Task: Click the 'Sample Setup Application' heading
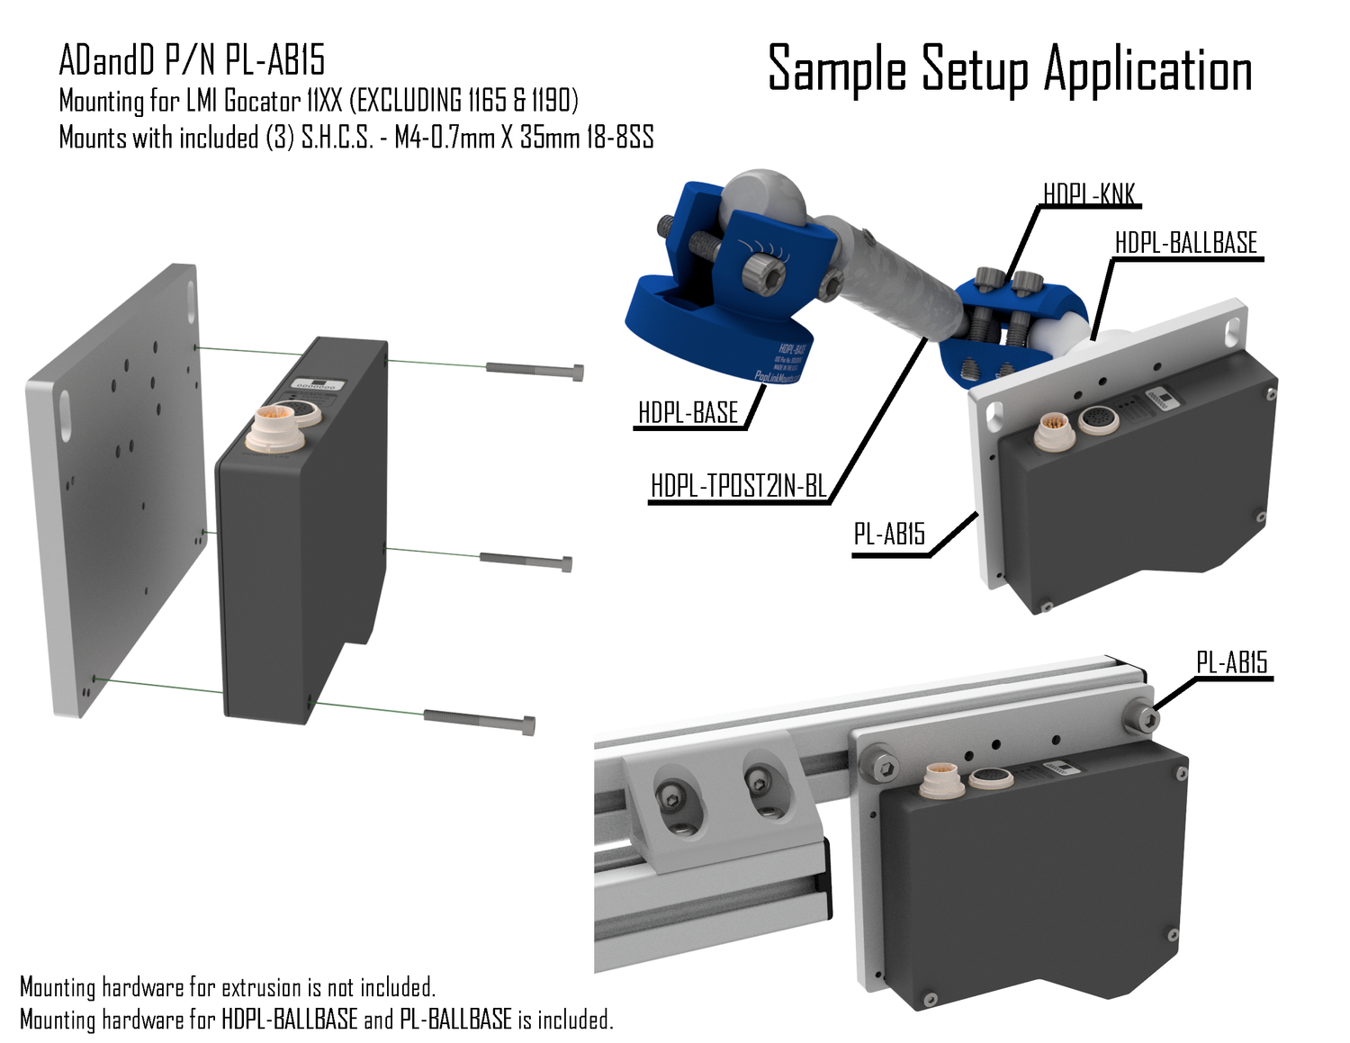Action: (x=1010, y=69)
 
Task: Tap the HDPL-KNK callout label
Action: (x=1088, y=194)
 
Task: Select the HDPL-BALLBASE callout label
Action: (x=1185, y=243)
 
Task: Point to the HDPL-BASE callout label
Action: (x=688, y=413)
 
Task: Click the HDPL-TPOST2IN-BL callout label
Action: (x=738, y=486)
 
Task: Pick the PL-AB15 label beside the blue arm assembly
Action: (x=889, y=535)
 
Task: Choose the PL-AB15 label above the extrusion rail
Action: (x=1231, y=663)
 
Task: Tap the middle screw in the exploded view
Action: (x=526, y=562)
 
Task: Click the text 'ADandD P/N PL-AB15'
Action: (x=192, y=60)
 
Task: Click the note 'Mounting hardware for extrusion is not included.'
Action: (x=228, y=987)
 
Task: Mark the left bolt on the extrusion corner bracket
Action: (x=672, y=795)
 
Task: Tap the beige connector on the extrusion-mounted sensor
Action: (x=940, y=778)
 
